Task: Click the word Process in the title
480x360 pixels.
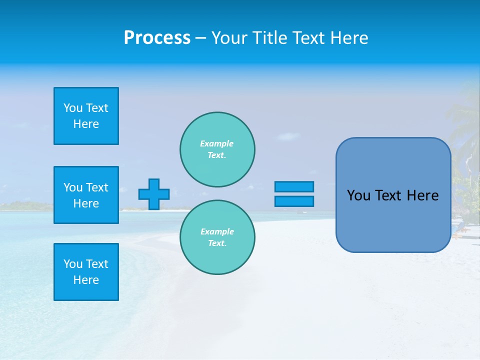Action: coord(157,38)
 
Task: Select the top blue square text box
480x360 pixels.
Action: coord(86,116)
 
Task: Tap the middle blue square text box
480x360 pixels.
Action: coord(86,195)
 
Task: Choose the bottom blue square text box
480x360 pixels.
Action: coord(86,272)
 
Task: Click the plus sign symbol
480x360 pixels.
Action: coord(154,194)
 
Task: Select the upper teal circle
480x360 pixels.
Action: coord(217,149)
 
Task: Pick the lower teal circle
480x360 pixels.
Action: coord(217,237)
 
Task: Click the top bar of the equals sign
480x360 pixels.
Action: coord(294,186)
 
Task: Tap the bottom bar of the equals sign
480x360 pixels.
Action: coord(294,201)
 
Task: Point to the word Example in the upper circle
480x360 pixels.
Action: coord(216,143)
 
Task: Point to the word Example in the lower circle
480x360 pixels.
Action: coord(217,231)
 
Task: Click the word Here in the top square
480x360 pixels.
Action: coord(86,124)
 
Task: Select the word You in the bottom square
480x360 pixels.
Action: coord(73,264)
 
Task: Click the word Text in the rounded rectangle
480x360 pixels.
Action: coord(389,195)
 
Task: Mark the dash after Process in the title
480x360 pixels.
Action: coord(201,38)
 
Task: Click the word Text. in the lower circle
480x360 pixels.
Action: coord(217,243)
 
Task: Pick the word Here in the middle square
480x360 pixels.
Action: coord(86,203)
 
